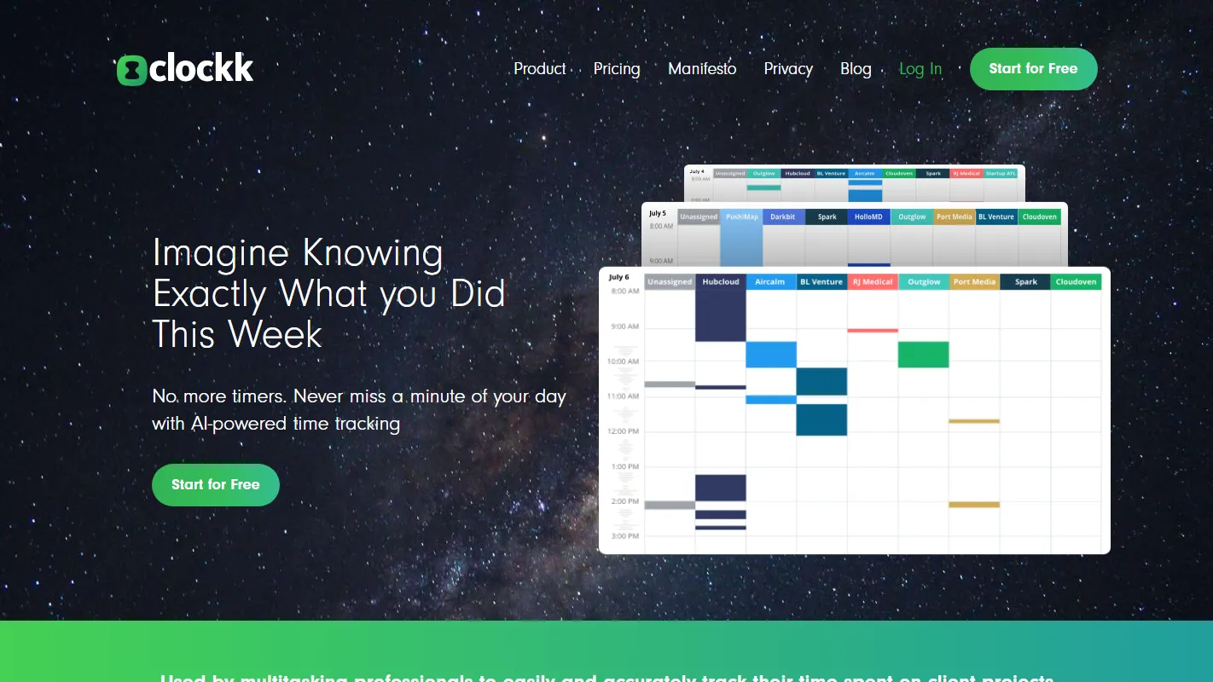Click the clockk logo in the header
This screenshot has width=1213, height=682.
(x=185, y=69)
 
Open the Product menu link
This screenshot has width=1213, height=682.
(x=539, y=69)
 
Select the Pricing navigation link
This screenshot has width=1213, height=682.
(x=617, y=69)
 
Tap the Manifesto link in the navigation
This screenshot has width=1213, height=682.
(x=702, y=69)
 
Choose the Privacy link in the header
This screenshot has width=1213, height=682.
(x=788, y=69)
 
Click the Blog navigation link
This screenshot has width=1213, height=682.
(x=856, y=69)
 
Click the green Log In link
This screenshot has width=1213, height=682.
(x=920, y=69)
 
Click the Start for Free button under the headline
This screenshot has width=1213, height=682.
(x=216, y=484)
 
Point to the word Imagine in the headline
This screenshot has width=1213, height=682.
(x=220, y=253)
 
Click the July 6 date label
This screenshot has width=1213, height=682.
(x=619, y=277)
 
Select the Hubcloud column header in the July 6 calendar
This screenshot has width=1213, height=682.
(x=721, y=282)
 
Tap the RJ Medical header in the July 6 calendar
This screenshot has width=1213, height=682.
(x=873, y=282)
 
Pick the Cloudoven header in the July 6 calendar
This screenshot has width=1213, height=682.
(x=1076, y=282)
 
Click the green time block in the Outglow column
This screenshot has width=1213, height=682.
(x=923, y=355)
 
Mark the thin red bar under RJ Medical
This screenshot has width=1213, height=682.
(x=873, y=330)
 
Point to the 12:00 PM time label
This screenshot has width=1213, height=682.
(x=624, y=431)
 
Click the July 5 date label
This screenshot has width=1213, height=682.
(x=658, y=213)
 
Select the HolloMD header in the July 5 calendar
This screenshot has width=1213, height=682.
(x=868, y=217)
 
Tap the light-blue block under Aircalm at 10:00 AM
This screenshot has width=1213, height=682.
(x=771, y=355)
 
